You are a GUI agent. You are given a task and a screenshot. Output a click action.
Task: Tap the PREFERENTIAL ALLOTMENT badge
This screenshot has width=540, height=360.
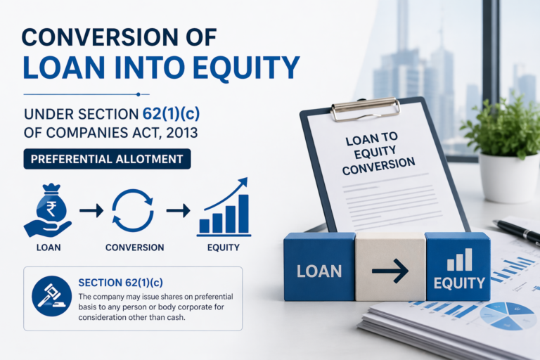click(x=107, y=159)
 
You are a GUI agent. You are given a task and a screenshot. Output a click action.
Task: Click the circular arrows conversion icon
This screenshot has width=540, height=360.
click(x=133, y=210)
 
